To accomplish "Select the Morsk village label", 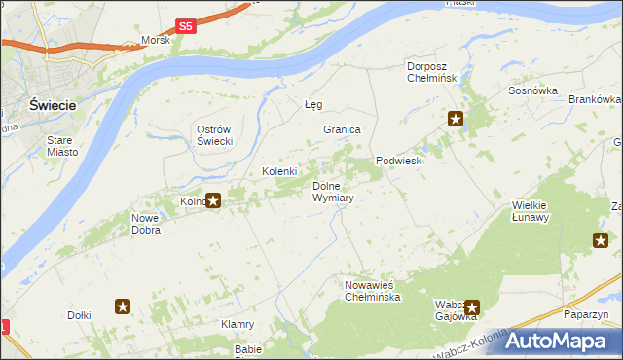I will coord(156,41).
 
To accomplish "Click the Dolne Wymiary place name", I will coord(333,191).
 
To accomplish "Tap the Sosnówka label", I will coord(532,90).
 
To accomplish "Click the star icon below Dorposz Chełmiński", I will coord(456,120).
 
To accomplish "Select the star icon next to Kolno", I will coord(214,201).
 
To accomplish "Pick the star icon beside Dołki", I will coord(123,307).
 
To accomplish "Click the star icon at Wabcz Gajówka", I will coord(472,306).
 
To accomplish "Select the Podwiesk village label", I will coord(399,162).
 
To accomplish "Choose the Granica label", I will coord(343,129).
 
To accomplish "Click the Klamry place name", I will coord(238,324).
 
